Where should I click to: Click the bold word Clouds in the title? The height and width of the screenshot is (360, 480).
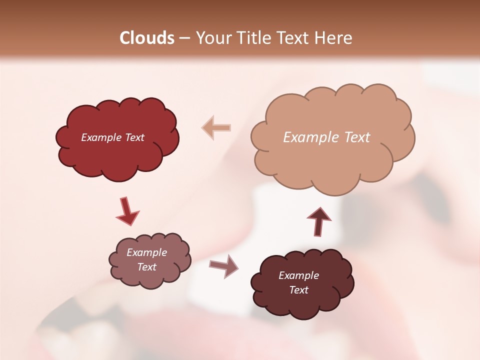click(x=147, y=38)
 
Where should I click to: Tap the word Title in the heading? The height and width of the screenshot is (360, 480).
click(x=252, y=38)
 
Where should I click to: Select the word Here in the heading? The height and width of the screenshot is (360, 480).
click(x=334, y=38)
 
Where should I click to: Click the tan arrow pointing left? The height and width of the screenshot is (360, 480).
click(x=216, y=127)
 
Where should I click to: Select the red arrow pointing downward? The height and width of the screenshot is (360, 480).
click(x=126, y=211)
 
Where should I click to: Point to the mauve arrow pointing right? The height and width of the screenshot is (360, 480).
click(x=223, y=265)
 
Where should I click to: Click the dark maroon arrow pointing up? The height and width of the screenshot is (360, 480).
click(x=318, y=220)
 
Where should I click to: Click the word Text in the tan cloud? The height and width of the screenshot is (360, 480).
click(x=357, y=137)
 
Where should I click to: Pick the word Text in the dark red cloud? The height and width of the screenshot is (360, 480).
click(x=134, y=137)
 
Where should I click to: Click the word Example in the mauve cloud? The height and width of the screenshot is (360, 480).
click(x=146, y=252)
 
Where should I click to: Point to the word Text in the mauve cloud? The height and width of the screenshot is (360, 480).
click(x=147, y=267)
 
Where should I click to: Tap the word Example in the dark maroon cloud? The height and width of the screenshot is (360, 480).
click(x=298, y=275)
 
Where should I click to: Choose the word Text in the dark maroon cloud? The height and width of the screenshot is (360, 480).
click(x=299, y=290)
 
